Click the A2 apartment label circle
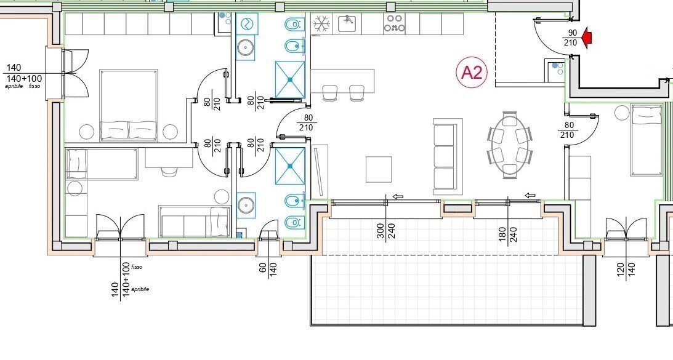tap(472, 73)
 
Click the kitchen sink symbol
tap(349, 23)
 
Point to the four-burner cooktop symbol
tap(395, 24)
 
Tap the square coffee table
tap(379, 169)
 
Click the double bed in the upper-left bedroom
tap(129, 105)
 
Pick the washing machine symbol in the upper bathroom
tap(247, 23)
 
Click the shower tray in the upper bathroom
tap(290, 79)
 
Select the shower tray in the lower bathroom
tap(290, 166)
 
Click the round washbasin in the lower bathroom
tap(246, 205)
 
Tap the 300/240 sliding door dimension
tap(385, 232)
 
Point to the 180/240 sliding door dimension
tap(508, 234)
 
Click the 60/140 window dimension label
tap(268, 268)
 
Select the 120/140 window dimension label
tap(626, 270)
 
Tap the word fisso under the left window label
tap(34, 86)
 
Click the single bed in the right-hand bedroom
tap(647, 141)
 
